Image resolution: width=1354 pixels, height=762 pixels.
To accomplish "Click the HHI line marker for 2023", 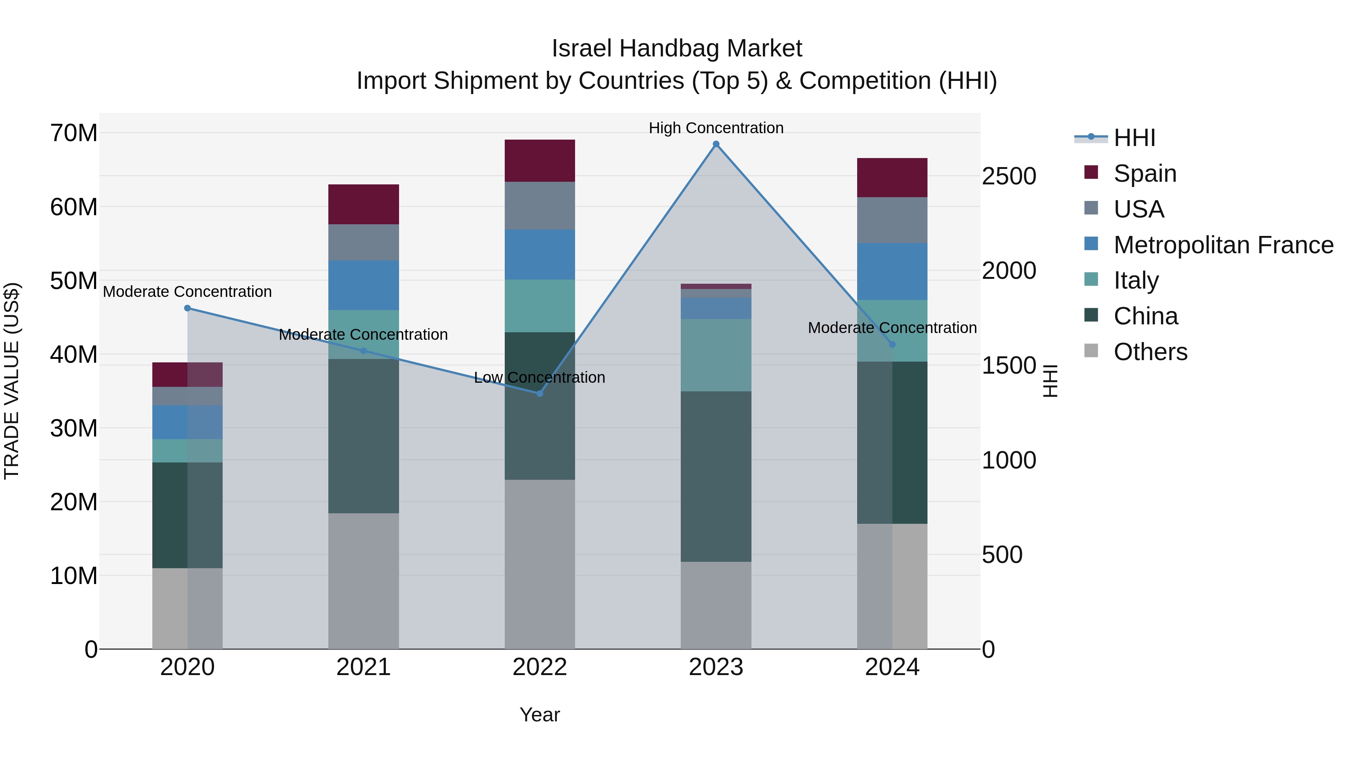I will [x=716, y=144].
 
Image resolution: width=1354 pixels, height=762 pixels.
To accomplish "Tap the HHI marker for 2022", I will [x=540, y=393].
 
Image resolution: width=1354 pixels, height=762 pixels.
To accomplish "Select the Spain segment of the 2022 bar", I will [x=540, y=160].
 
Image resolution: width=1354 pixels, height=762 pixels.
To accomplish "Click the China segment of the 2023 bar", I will [x=716, y=476].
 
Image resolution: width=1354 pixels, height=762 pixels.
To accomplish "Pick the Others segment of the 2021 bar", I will [x=363, y=581].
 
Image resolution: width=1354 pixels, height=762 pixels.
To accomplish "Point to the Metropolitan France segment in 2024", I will [x=892, y=271].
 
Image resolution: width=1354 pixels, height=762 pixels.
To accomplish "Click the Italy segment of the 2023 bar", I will [x=716, y=355].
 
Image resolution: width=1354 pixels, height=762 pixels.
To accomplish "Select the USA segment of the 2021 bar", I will [x=363, y=242].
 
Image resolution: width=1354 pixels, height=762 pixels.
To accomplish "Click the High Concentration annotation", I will [x=716, y=128].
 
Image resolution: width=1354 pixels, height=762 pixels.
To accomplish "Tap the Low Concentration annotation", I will [x=540, y=377].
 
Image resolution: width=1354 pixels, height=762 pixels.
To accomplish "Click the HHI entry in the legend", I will [x=1134, y=138].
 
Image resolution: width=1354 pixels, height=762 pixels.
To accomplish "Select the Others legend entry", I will [x=1150, y=352].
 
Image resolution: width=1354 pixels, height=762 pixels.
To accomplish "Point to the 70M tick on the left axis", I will [x=74, y=133].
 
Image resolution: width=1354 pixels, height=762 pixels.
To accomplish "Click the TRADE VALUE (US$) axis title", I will [x=12, y=381].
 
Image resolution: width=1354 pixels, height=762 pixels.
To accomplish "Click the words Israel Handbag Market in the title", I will [x=677, y=49].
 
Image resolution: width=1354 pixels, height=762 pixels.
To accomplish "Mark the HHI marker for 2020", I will [x=188, y=308].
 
